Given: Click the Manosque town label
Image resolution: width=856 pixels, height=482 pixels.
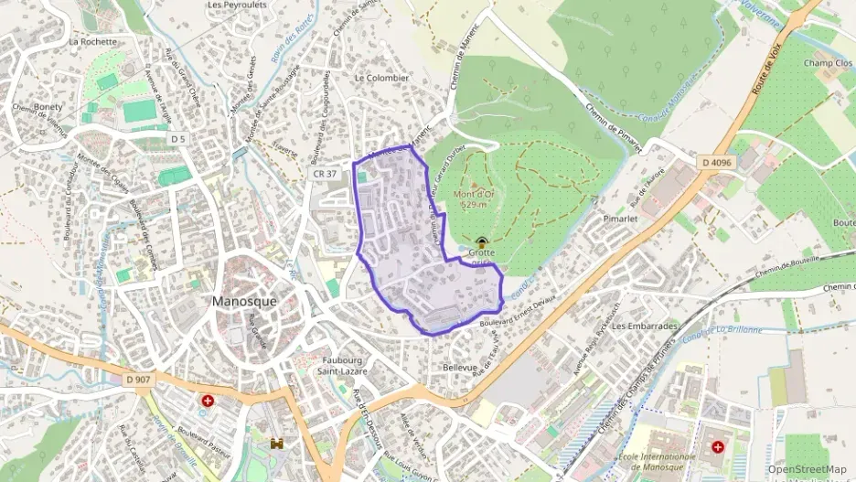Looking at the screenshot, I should point(243,301).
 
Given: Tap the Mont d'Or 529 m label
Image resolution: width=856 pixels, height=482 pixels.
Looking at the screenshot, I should point(478,198).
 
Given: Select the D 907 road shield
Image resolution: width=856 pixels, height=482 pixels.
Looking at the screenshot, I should point(139,380).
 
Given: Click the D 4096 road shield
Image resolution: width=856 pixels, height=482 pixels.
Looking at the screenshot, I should point(718,163).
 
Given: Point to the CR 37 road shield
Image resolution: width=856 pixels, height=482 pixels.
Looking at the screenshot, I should point(325,173).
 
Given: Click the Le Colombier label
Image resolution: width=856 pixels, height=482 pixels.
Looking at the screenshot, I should point(380,79).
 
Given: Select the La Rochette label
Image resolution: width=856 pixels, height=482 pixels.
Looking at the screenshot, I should point(93,41).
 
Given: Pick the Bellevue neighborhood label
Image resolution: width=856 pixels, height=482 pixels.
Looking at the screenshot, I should point(460,367).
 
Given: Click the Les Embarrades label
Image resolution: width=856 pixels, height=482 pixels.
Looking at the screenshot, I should point(647,326).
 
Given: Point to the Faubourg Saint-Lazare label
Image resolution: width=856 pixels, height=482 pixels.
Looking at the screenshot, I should point(341,366).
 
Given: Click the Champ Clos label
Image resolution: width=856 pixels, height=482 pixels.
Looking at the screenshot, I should point(828,63).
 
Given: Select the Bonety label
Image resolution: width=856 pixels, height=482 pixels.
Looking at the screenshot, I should point(48,107).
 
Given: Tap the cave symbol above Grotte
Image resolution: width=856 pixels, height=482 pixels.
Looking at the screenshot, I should point(482,241).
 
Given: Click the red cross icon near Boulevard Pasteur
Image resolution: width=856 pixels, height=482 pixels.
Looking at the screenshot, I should point(209,401).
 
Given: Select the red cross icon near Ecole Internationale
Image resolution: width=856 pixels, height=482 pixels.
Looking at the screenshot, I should point(718,447).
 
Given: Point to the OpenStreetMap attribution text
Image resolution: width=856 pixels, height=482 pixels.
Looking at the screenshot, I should point(808,469).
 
